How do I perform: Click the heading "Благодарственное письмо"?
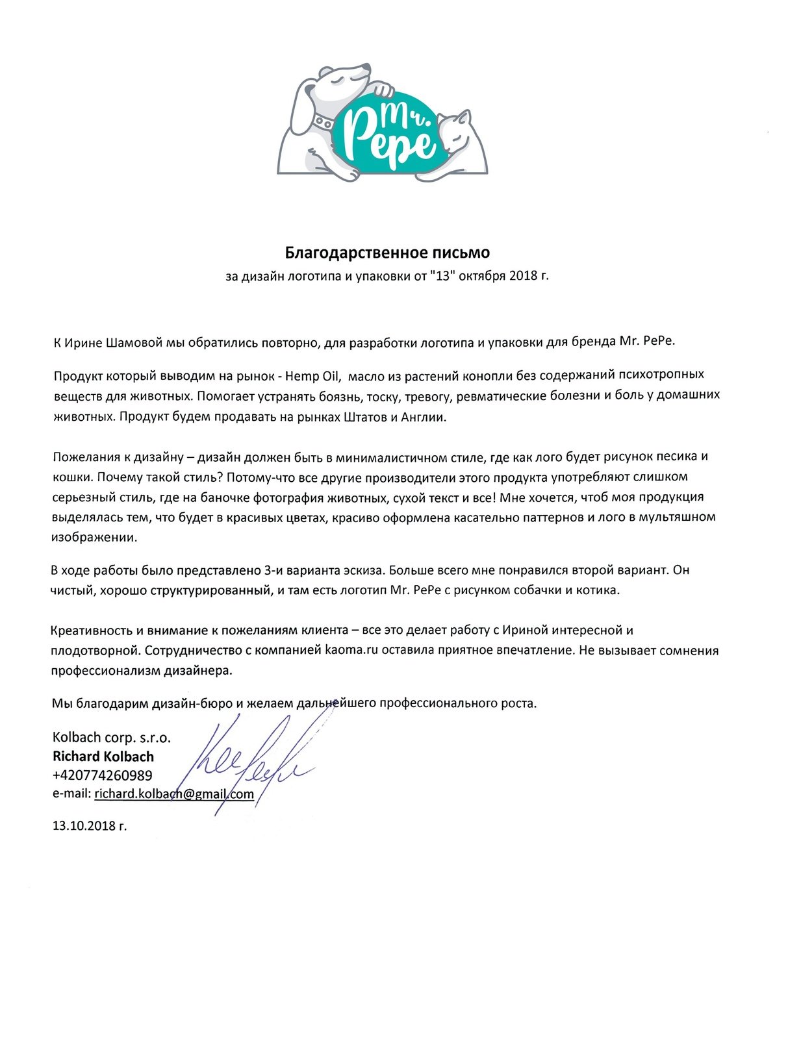click(388, 252)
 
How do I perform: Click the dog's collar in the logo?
click(323, 121)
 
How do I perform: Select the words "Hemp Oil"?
click(313, 375)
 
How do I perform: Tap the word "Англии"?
click(424, 418)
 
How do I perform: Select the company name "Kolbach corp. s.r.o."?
click(111, 738)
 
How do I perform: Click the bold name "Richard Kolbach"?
click(103, 757)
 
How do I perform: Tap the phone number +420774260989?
click(103, 775)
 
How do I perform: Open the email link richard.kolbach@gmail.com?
click(173, 794)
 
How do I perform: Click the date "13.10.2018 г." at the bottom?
click(90, 826)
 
